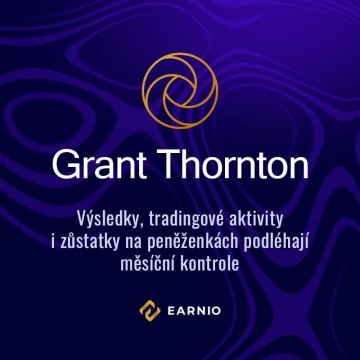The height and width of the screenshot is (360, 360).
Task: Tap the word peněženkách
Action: point(199,240)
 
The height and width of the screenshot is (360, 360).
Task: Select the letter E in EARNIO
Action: point(168,311)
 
